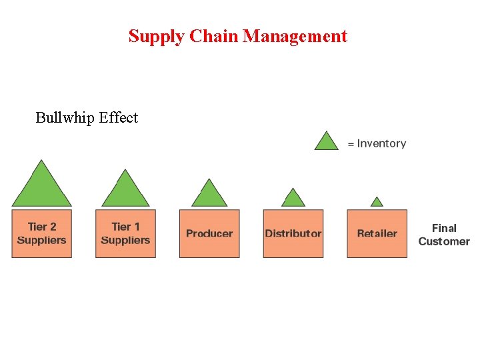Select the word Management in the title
click(x=295, y=37)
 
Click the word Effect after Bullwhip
click(x=118, y=118)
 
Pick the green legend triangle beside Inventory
click(x=327, y=142)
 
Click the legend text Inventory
click(x=381, y=143)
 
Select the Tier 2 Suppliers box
click(x=41, y=233)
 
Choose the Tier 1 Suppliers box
click(x=125, y=233)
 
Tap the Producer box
click(x=209, y=233)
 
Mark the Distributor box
click(x=293, y=233)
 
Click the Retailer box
click(x=377, y=233)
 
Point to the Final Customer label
click(x=444, y=235)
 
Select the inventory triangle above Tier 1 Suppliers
click(x=125, y=191)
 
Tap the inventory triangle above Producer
click(x=209, y=195)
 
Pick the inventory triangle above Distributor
click(x=293, y=199)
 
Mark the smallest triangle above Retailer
click(x=377, y=202)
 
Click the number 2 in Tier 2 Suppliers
click(x=53, y=227)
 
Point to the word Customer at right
click(x=444, y=241)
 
